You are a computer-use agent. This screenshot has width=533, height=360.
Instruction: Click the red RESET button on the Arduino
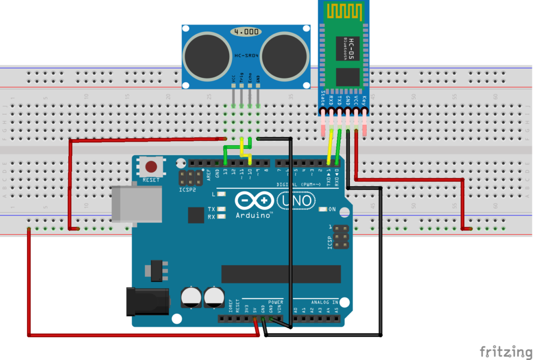pyautogui.click(x=151, y=166)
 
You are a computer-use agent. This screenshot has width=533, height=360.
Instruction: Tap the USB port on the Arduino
pyautogui.click(x=136, y=203)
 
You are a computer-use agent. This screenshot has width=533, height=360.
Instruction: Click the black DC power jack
pyautogui.click(x=147, y=300)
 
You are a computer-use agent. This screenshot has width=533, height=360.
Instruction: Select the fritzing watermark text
pyautogui.click(x=506, y=352)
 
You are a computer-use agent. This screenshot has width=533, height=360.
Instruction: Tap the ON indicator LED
pyautogui.click(x=322, y=209)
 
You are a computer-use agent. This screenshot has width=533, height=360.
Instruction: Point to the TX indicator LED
pyautogui.click(x=222, y=209)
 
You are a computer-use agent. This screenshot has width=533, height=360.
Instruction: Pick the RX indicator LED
pyautogui.click(x=222, y=217)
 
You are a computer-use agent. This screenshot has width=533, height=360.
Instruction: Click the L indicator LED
pyautogui.click(x=222, y=194)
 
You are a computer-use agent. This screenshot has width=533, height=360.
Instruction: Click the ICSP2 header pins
pyautogui.click(x=190, y=178)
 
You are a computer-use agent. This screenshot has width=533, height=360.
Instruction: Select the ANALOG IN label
pyautogui.click(x=324, y=302)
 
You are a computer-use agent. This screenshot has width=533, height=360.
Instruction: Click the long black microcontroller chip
pyautogui.click(x=281, y=274)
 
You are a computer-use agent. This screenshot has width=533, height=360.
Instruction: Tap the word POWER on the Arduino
pyautogui.click(x=276, y=302)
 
